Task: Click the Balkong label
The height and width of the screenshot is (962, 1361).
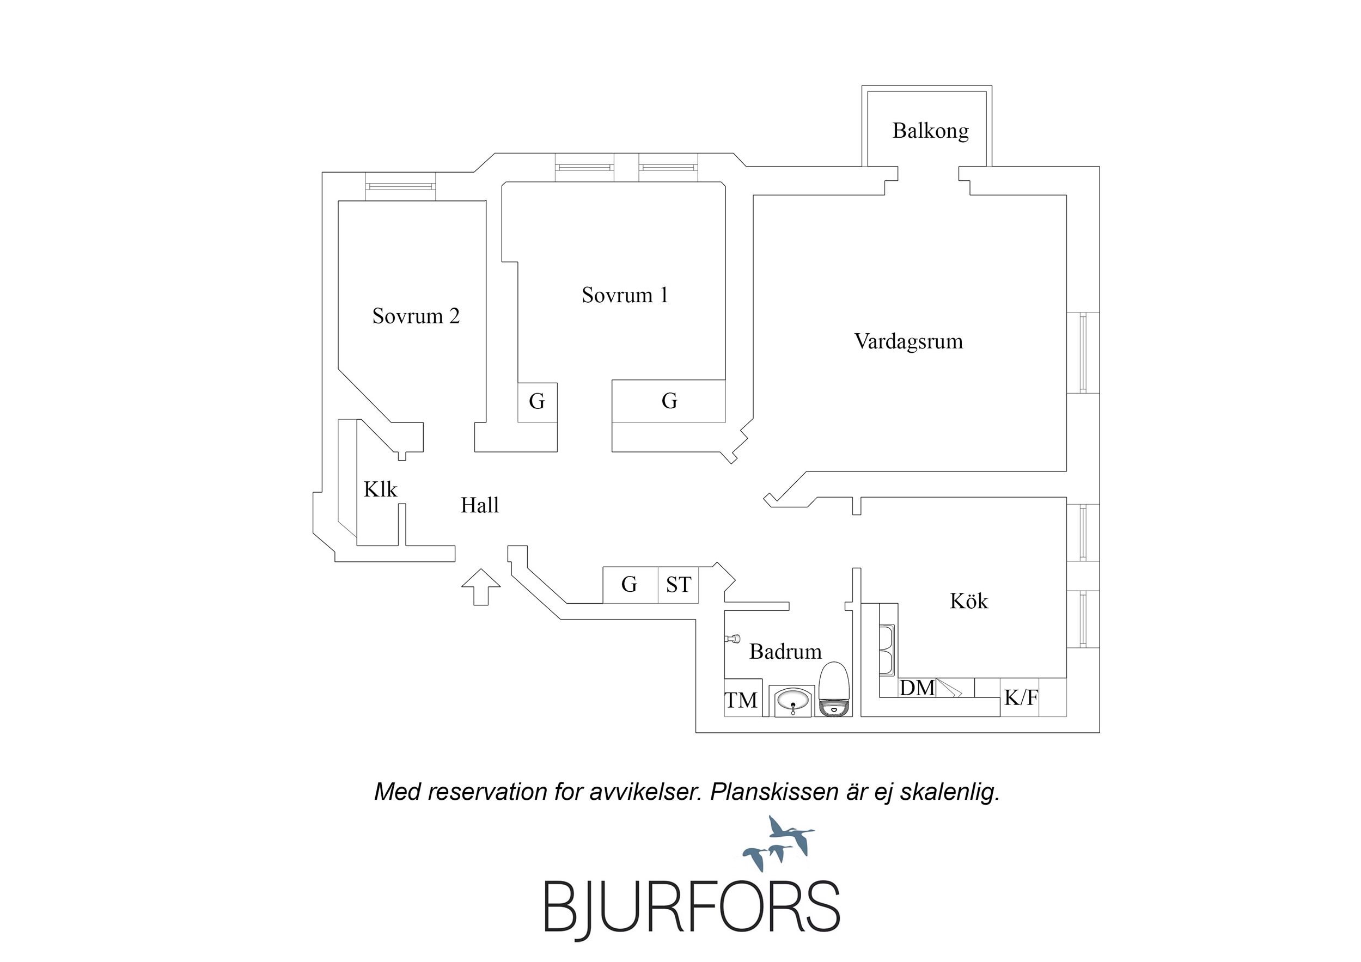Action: (x=930, y=131)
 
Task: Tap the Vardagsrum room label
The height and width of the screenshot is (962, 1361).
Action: (x=908, y=341)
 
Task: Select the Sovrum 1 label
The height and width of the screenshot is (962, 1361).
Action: (x=625, y=295)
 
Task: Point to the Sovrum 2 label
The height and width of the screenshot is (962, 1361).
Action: (x=416, y=316)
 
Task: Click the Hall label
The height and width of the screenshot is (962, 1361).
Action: (x=480, y=506)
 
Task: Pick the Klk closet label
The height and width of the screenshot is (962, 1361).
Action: (x=380, y=489)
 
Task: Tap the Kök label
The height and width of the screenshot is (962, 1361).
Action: (x=968, y=602)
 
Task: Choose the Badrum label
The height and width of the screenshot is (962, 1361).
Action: (x=785, y=652)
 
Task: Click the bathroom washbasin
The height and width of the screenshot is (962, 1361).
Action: (x=792, y=701)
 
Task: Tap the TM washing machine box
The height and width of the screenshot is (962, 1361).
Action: (x=741, y=701)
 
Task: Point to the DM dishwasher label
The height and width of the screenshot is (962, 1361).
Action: (x=917, y=688)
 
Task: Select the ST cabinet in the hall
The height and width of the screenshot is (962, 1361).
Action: (x=678, y=585)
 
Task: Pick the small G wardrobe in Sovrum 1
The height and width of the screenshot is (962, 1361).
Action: (x=537, y=402)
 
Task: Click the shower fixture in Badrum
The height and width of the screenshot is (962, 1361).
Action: (x=733, y=639)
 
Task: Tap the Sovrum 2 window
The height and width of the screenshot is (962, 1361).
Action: (x=401, y=186)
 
